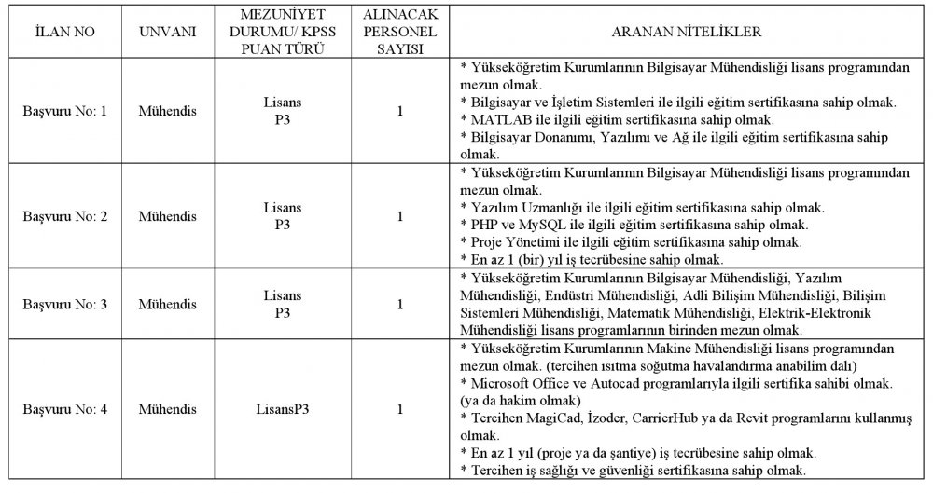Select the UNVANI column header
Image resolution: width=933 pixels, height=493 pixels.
167,32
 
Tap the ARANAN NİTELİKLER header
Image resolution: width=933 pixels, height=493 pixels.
685,32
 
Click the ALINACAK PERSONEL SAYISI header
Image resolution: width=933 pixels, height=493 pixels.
399,32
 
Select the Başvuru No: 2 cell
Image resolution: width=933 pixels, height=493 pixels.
64,217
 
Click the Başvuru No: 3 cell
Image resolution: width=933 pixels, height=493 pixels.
64,304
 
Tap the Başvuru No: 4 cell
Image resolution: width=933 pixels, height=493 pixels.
64,408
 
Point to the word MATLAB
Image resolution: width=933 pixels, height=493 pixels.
498,119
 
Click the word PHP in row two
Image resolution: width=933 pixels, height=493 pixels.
483,225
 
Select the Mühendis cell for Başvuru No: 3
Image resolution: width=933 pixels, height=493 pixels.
167,304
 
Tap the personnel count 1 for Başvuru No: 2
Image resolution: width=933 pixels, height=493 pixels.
399,217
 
